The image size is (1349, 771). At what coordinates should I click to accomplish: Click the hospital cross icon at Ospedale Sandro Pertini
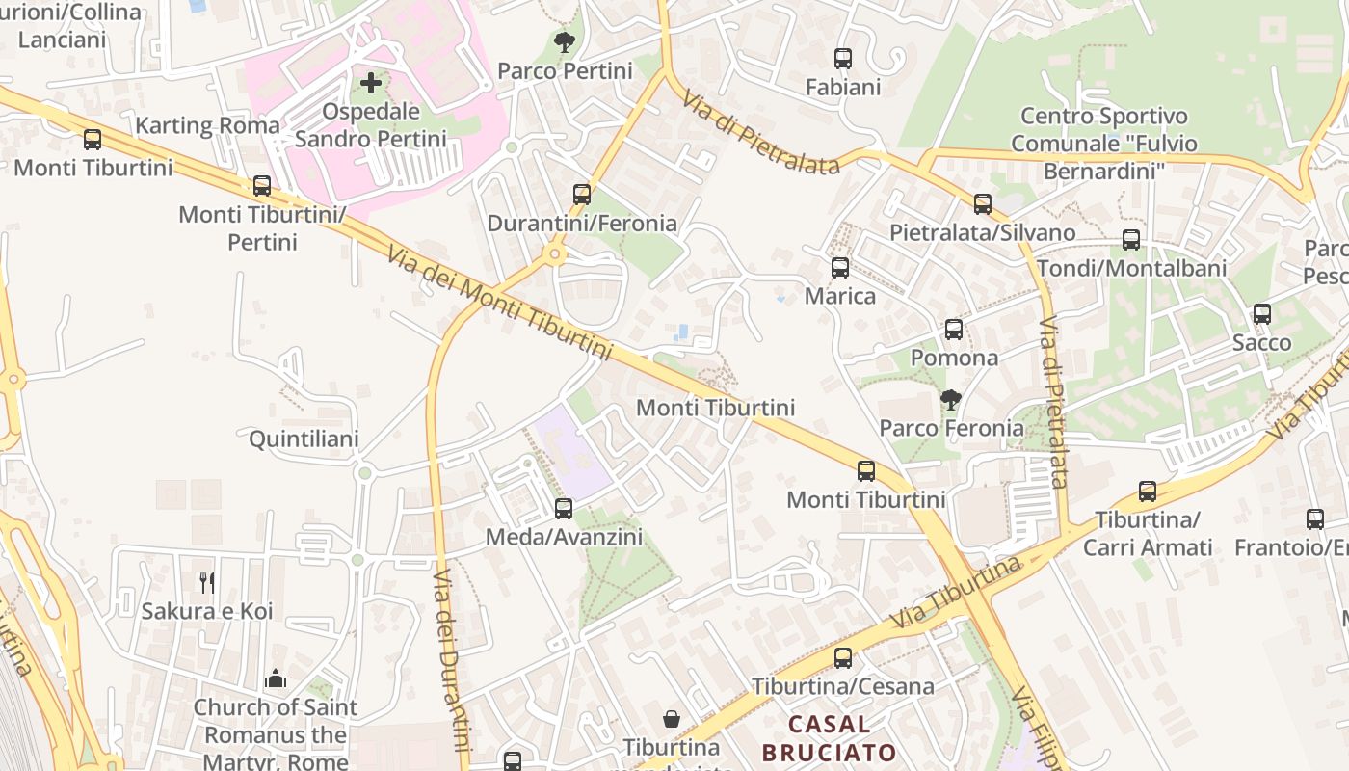[x=371, y=84]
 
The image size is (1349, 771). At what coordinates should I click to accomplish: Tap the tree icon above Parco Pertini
[x=565, y=42]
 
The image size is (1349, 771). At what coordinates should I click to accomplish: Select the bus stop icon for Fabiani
[x=843, y=59]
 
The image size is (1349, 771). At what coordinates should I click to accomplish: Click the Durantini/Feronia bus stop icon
[x=582, y=195]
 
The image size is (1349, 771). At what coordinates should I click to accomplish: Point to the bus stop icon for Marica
[x=840, y=268]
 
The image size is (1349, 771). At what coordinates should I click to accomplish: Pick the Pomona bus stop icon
[x=954, y=330]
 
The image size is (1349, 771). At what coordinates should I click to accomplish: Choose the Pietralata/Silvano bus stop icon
[x=983, y=204]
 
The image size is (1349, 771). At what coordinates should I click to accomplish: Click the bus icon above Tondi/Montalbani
[x=1131, y=240]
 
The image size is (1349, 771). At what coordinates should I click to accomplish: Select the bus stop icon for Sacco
[x=1262, y=314]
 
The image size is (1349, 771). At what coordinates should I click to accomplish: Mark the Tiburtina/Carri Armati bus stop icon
[x=1148, y=492]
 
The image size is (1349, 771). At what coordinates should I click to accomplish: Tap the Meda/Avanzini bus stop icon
[x=564, y=509]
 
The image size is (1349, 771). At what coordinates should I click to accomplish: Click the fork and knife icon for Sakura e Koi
[x=207, y=582]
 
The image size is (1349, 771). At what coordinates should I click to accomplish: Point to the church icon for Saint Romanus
[x=276, y=678]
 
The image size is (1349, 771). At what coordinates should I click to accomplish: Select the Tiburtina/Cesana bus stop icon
[x=843, y=658]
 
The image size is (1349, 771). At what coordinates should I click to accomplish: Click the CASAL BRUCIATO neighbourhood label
[x=829, y=737]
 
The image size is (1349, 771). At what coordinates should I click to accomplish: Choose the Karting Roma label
[x=207, y=125]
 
